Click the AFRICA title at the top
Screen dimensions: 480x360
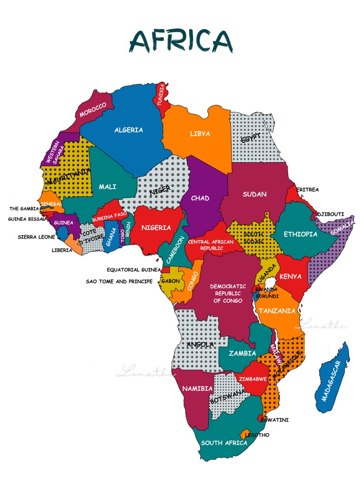[180, 40]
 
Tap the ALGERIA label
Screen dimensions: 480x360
[128, 130]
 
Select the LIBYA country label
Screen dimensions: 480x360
[200, 134]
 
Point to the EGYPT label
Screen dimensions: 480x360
[252, 138]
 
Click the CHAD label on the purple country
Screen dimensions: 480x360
[200, 198]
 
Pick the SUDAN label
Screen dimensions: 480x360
[254, 194]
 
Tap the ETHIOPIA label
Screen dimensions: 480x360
[300, 234]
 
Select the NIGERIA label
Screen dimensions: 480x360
[156, 228]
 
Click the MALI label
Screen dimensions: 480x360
[107, 187]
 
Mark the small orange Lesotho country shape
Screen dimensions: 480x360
[245, 433]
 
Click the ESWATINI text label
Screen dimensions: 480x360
[275, 420]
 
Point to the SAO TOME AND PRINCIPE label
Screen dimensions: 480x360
[119, 281]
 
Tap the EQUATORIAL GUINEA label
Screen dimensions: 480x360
[133, 269]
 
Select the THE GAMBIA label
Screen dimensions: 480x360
[24, 209]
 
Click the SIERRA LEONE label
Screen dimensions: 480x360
[36, 237]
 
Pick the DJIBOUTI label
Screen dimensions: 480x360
[331, 214]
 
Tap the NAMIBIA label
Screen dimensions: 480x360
[197, 388]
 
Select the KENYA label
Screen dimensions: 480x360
[291, 276]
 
